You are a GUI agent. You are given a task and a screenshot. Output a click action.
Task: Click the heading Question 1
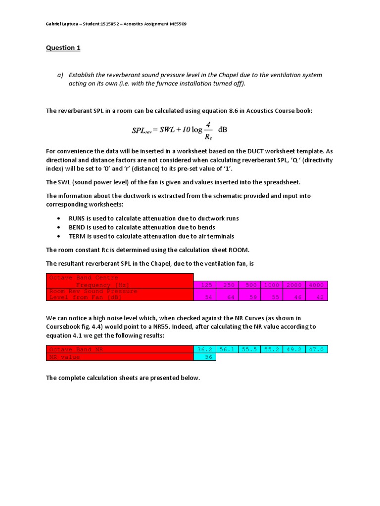pyautogui.click(x=63, y=48)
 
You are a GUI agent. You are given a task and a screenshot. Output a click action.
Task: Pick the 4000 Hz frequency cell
pyautogui.click(x=316, y=285)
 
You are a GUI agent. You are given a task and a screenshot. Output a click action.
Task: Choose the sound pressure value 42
pyautogui.click(x=316, y=297)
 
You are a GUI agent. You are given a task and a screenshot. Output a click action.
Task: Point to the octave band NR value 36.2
pyautogui.click(x=204, y=349)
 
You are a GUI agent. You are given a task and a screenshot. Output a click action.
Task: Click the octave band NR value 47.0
pyautogui.click(x=316, y=349)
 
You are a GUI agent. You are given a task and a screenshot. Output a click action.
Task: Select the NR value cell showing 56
pyautogui.click(x=204, y=357)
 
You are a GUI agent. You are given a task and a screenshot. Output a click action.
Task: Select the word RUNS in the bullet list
pyautogui.click(x=77, y=218)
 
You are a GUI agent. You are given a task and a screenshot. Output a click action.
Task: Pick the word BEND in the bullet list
pyautogui.click(x=77, y=227)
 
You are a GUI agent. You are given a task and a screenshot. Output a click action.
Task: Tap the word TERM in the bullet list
pyautogui.click(x=77, y=236)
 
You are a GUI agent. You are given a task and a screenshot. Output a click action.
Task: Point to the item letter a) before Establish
pyautogui.click(x=60, y=75)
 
